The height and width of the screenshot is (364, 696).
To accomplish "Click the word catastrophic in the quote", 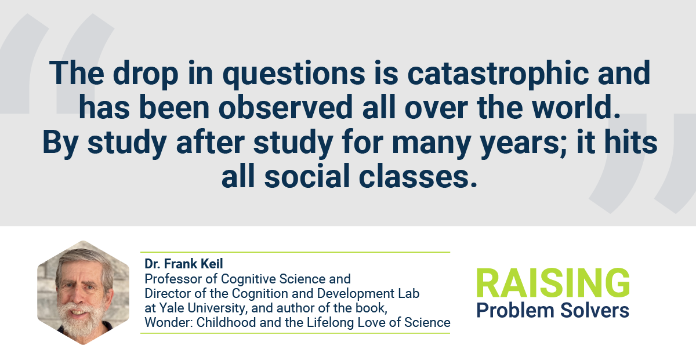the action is pyautogui.click(x=498, y=73).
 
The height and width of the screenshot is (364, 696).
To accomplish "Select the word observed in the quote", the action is pyautogui.click(x=285, y=107).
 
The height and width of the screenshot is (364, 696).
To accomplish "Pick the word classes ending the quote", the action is pyautogui.click(x=418, y=176).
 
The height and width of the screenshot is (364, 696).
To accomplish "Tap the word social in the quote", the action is pyautogui.click(x=307, y=176).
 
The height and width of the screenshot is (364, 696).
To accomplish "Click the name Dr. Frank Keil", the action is pyautogui.click(x=184, y=264).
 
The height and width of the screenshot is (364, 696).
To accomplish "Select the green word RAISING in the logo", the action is pyautogui.click(x=553, y=283).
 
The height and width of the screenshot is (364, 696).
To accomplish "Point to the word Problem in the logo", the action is pyautogui.click(x=515, y=311).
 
